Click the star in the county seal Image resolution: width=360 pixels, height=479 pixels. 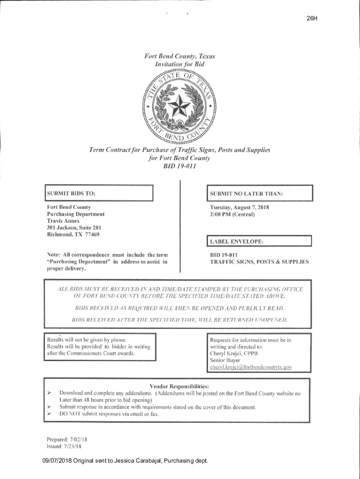179,104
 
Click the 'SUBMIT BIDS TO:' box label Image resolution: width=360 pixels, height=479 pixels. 71,193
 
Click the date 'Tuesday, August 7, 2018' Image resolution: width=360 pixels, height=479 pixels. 239,207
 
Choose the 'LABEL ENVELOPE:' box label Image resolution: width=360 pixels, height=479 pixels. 237,242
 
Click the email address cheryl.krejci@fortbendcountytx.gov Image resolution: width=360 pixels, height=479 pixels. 251,367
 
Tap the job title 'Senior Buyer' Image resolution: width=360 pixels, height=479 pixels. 225,360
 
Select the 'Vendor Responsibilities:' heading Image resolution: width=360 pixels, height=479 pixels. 179,386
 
